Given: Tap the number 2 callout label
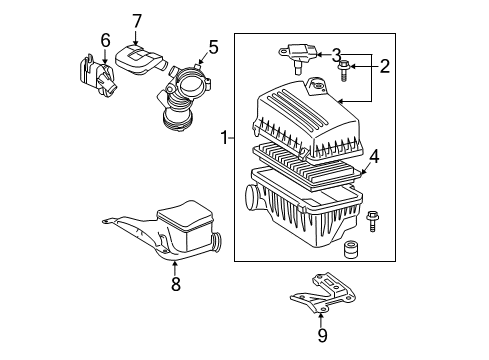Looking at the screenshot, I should [383, 66].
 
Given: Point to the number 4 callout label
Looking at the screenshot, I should [373, 156].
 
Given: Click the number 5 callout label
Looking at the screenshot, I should [212, 46].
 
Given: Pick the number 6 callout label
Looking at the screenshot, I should [105, 40].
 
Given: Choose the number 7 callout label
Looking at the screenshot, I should [137, 20].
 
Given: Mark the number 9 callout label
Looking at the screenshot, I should [322, 335].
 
